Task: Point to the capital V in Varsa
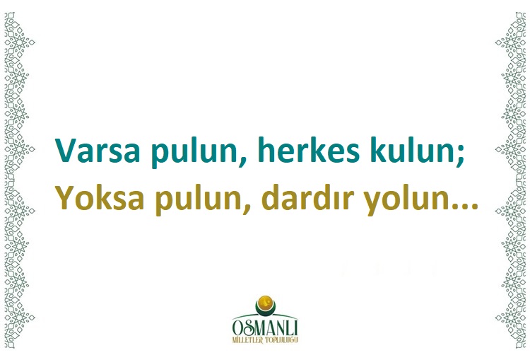(x=65, y=149)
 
